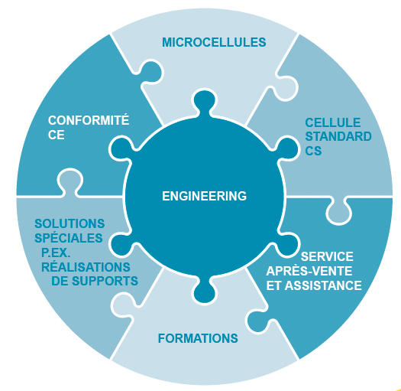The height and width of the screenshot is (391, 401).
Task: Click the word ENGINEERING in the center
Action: [x=205, y=196]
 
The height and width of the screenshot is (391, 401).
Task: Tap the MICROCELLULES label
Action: [x=214, y=42]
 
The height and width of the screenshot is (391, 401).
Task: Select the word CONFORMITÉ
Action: [x=89, y=120]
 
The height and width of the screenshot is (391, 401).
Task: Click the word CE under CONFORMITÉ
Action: [x=56, y=135]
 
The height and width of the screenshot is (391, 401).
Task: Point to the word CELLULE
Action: [x=333, y=122]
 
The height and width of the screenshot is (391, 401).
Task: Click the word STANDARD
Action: [x=338, y=136]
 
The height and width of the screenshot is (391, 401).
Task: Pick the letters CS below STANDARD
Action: [x=313, y=151]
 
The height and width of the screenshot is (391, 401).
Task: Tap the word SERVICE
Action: [x=327, y=256]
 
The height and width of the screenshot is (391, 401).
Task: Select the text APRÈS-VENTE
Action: [x=309, y=271]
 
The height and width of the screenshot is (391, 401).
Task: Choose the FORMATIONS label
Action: [x=198, y=338]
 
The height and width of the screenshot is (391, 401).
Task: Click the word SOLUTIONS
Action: [x=70, y=223]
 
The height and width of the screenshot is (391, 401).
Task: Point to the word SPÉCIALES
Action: [x=69, y=238]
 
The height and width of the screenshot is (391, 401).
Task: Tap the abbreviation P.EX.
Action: [x=56, y=253]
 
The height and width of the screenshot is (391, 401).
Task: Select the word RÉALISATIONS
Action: [x=86, y=267]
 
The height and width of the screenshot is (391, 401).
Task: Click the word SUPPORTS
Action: [x=105, y=281]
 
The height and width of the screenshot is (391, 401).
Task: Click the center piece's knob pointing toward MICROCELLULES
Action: [x=204, y=103]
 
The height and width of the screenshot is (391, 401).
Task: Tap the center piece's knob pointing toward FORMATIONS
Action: [x=204, y=290]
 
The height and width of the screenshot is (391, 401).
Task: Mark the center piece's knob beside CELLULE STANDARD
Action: [x=285, y=149]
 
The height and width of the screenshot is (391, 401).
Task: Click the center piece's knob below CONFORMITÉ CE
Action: [x=122, y=149]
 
